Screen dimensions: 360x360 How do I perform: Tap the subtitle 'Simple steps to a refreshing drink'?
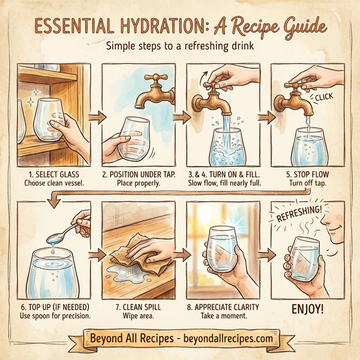(x=180, y=46)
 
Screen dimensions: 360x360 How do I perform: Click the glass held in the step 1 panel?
(x=45, y=123)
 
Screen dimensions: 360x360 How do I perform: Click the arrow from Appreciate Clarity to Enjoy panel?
(x=262, y=257)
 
